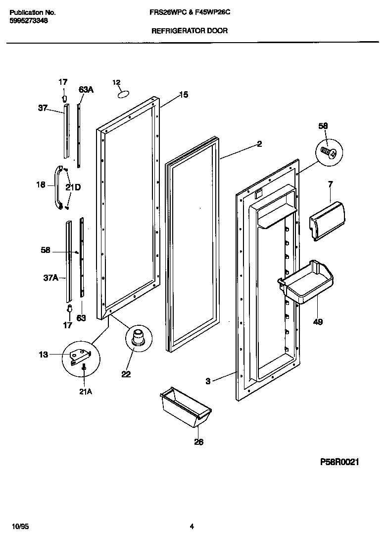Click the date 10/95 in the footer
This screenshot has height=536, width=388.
pos(17,527)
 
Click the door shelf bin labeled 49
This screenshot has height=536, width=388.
pos(306,282)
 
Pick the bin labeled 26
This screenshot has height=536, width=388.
pos(186,407)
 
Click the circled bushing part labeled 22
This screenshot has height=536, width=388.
pos(137,338)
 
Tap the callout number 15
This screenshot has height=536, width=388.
pos(183,95)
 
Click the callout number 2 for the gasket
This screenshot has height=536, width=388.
pos(259,144)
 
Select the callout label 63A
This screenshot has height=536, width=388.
pos(86,90)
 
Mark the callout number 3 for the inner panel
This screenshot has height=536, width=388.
pos(208,381)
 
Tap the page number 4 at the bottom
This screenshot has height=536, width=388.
pos(192,527)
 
